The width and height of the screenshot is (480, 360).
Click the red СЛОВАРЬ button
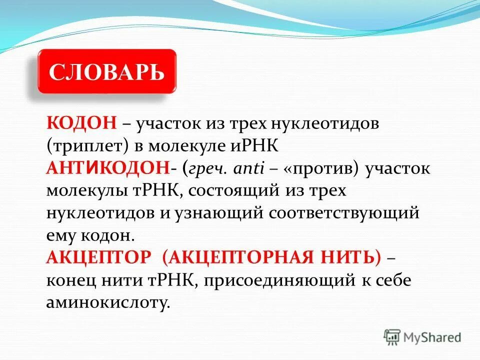coord(106,71)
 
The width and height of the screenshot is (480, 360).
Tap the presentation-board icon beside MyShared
coord(392,337)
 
